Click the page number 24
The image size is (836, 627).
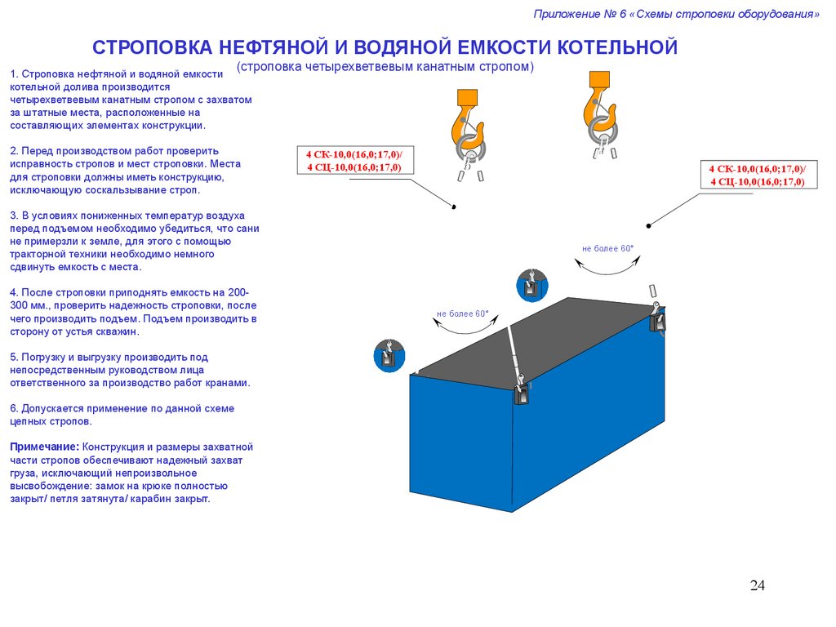(757, 585)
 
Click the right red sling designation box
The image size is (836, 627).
(758, 176)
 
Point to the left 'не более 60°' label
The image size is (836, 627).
(462, 313)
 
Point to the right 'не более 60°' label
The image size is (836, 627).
(608, 248)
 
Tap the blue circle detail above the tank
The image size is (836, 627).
(532, 285)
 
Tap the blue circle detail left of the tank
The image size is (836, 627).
(390, 356)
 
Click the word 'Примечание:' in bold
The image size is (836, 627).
(44, 447)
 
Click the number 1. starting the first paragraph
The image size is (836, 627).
(15, 74)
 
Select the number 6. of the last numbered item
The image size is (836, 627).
(15, 408)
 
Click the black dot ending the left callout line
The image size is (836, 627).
(453, 208)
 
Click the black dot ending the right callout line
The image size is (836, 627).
(648, 225)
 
